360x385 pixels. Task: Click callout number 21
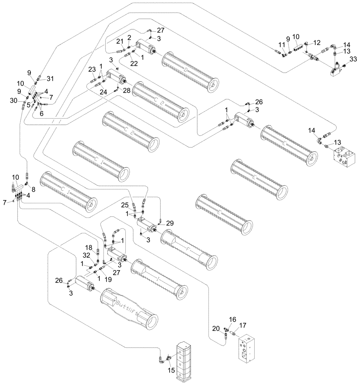coord(120,42)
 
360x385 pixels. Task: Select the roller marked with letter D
coord(190,71)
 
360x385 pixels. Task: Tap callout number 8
coord(33,189)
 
